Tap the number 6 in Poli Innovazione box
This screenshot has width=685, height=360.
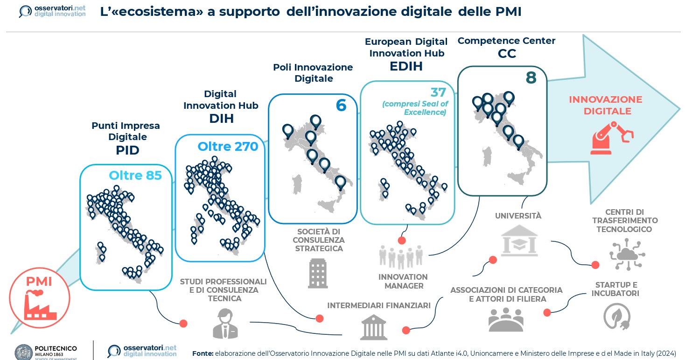[x=341, y=106]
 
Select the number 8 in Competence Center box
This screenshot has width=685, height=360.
[x=531, y=78]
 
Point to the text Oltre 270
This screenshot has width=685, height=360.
[x=228, y=147]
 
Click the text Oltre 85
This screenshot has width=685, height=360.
[x=135, y=175]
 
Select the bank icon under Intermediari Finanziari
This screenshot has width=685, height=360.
[x=373, y=326]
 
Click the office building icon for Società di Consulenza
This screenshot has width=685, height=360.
[x=318, y=273]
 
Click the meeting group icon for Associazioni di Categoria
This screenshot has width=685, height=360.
[x=506, y=319]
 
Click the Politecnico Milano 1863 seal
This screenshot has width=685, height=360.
[x=23, y=352]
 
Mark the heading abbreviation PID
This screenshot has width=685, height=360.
[x=127, y=150]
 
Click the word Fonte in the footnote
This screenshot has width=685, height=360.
[x=203, y=353]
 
